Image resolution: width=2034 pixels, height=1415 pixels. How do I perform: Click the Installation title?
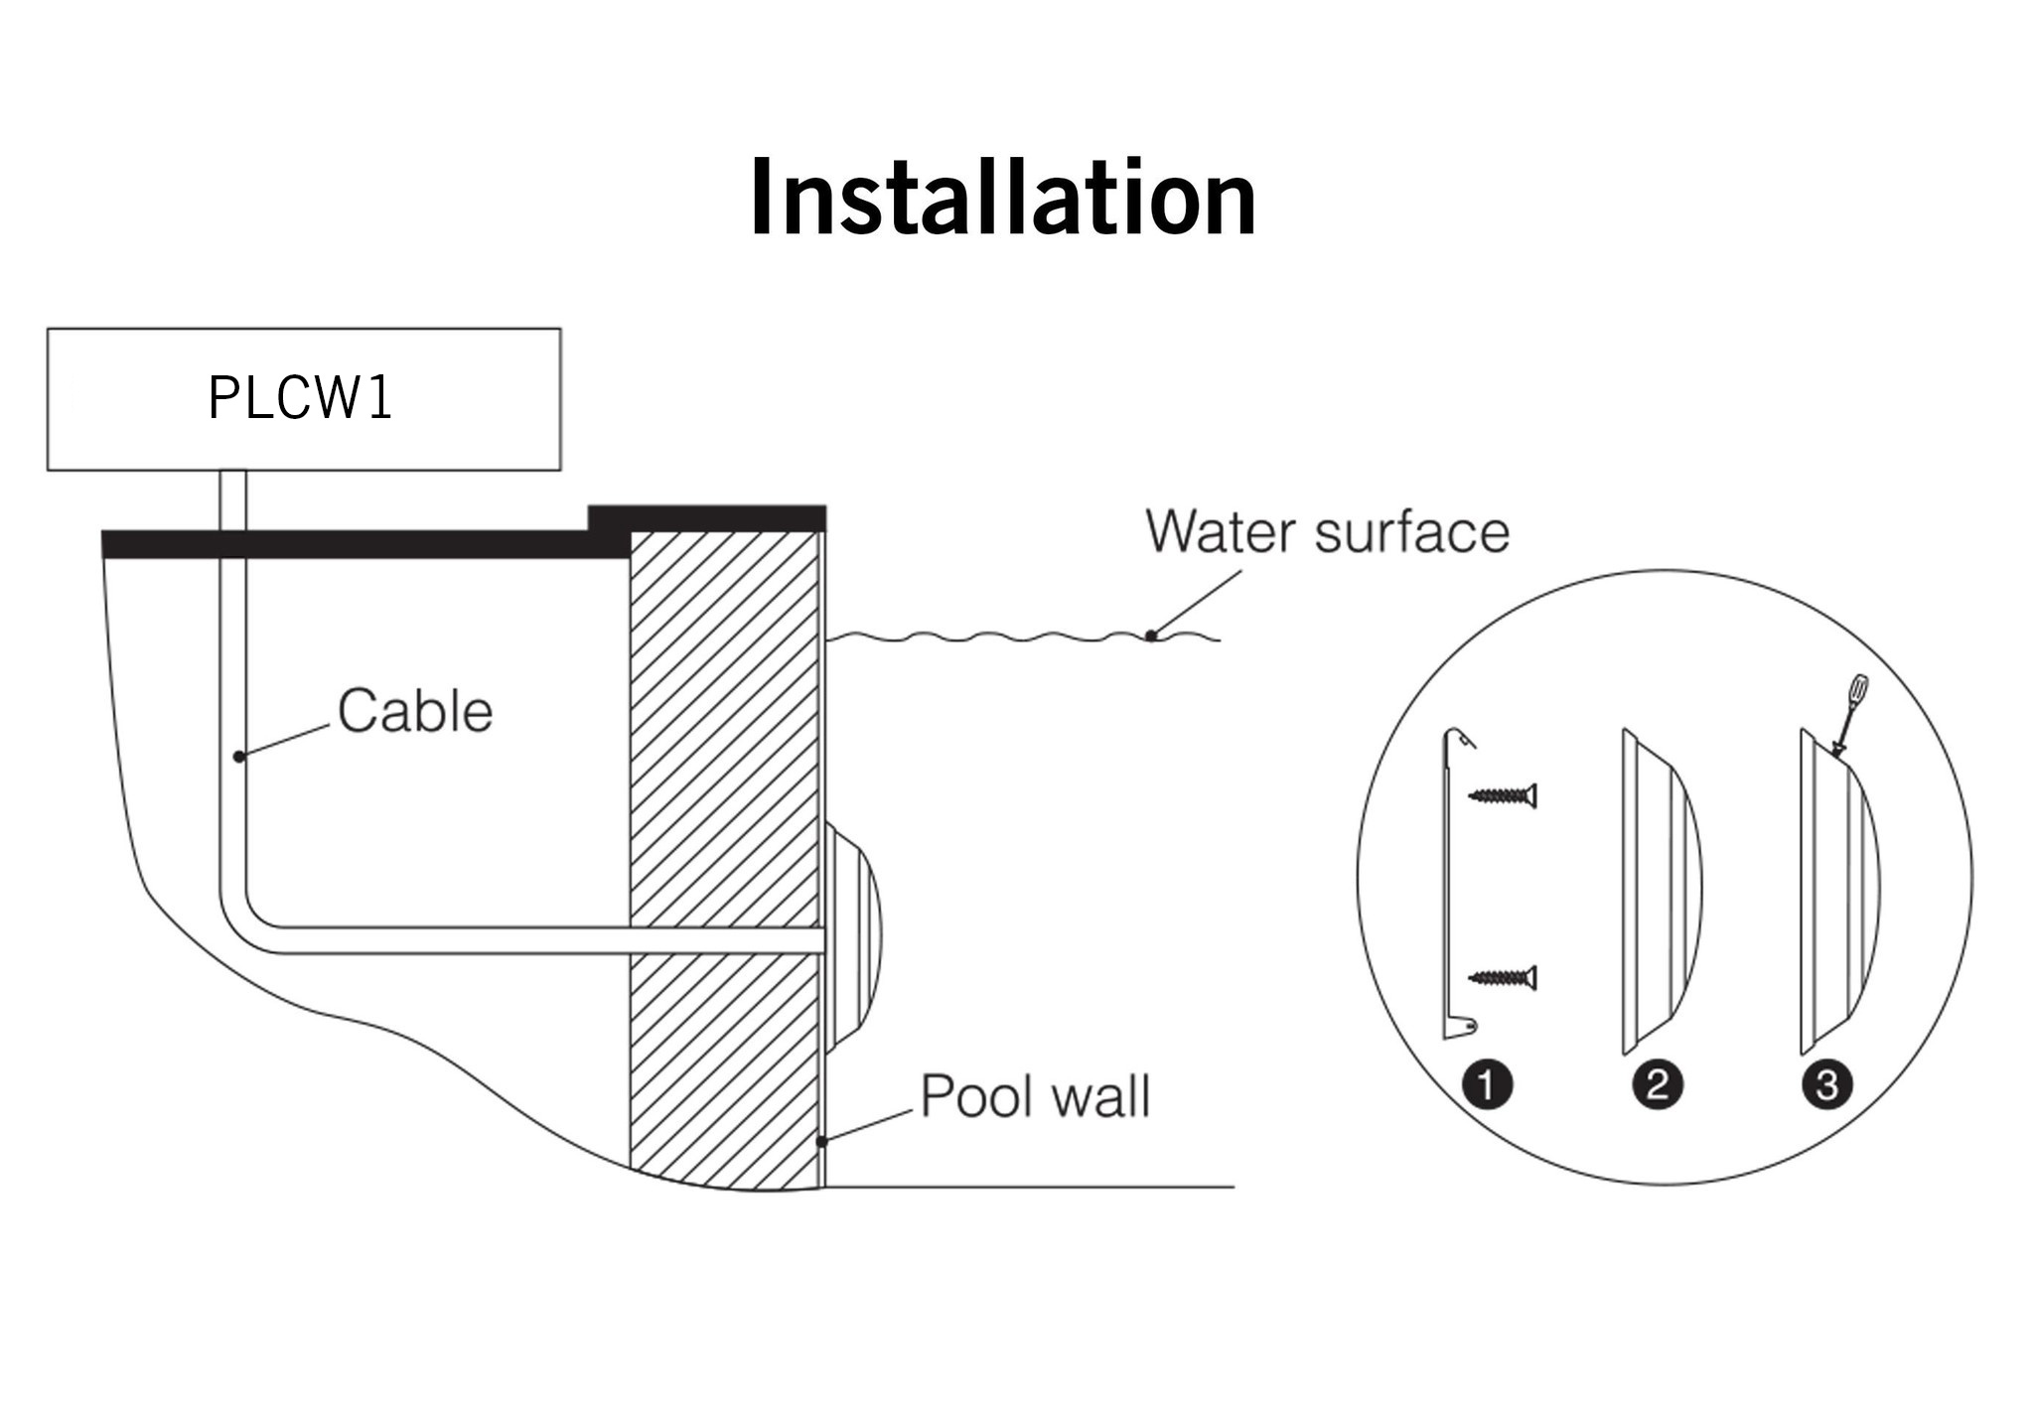tap(1003, 199)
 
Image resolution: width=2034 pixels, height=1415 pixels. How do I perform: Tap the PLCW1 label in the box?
tap(301, 398)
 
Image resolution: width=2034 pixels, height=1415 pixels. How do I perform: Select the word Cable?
tap(415, 711)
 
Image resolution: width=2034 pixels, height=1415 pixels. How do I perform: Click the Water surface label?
tap(1327, 531)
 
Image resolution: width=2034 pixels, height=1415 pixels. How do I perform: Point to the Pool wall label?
tap(1035, 1096)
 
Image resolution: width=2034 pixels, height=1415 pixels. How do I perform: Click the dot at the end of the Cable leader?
tap(238, 757)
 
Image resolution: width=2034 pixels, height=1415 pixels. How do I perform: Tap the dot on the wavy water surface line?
tap(1150, 636)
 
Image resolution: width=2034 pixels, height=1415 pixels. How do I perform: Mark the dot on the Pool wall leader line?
tap(821, 1142)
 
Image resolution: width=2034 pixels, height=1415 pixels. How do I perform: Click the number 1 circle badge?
tap(1487, 1084)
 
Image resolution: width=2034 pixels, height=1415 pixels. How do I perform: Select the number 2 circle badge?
tap(1658, 1084)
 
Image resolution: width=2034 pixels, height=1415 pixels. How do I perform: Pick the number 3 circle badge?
tap(1827, 1084)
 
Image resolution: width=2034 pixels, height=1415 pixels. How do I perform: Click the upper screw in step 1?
tap(1503, 795)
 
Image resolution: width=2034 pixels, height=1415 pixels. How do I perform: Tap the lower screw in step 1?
tap(1503, 978)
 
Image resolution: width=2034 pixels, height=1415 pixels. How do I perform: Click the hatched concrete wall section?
tap(725, 745)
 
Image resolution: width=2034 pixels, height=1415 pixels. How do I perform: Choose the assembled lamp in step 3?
tap(1837, 894)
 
